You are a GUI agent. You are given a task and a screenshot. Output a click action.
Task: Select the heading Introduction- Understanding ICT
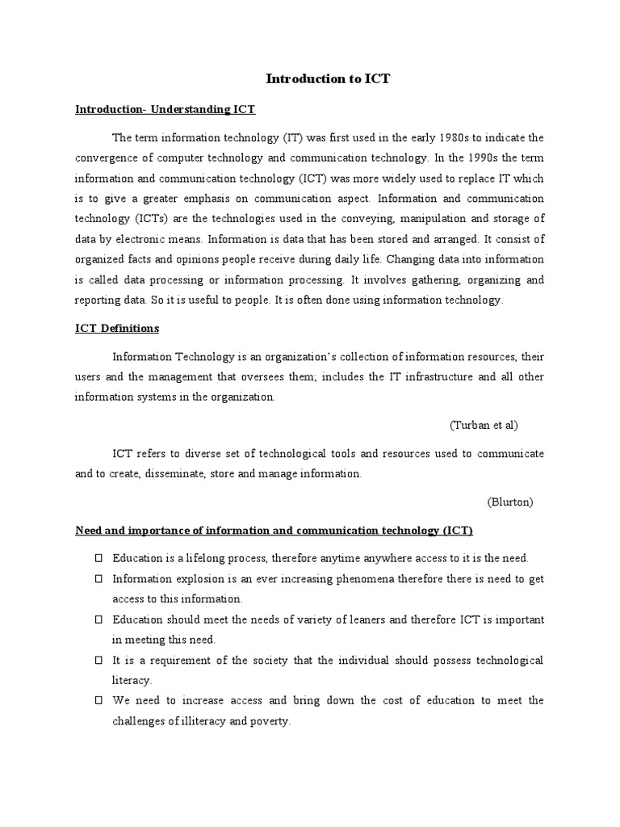[x=165, y=109]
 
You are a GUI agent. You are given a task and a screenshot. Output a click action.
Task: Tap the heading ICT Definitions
[x=117, y=329]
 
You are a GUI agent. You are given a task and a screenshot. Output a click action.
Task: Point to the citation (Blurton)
[x=510, y=502]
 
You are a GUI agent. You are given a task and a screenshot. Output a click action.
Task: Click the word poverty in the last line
[x=270, y=721]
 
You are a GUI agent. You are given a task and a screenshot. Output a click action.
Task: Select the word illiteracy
[x=212, y=721]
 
